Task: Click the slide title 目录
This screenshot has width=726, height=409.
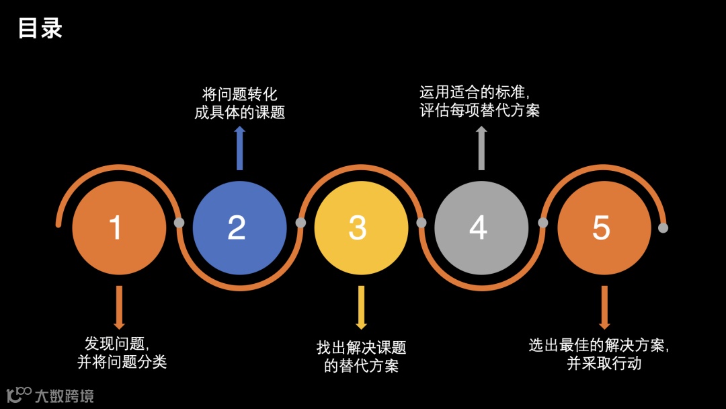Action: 40,28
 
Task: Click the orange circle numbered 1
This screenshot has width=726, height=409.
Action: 119,228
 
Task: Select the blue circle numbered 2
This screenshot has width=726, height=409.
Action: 239,228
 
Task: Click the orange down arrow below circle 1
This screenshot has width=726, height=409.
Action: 119,307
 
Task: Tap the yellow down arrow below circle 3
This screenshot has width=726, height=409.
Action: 361,307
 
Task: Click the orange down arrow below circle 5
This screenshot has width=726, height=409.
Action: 604,307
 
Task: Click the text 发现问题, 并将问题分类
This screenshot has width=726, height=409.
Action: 122,352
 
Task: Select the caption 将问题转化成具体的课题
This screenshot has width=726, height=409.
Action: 239,103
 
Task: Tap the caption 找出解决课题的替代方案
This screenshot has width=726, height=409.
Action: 361,357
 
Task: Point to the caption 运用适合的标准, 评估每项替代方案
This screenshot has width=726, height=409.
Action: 480,101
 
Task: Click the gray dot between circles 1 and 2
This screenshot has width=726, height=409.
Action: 179,223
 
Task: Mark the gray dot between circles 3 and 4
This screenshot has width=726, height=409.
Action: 421,223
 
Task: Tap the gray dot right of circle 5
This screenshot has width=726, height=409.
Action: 663,228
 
